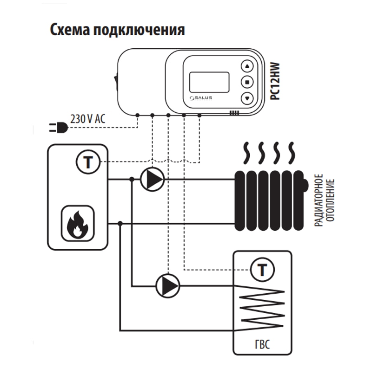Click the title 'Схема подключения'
pyautogui.click(x=117, y=30)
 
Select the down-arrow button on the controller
pyautogui.click(x=247, y=98)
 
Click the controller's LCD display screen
pyautogui.click(x=211, y=82)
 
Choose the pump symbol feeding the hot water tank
pyautogui.click(x=167, y=285)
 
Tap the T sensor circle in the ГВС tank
pyautogui.click(x=262, y=269)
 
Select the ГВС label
pyautogui.click(x=263, y=346)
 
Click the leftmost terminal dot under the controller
pyautogui.click(x=138, y=115)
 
